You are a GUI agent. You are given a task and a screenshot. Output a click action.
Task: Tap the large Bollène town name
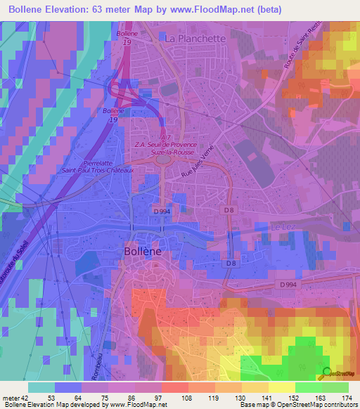(150, 251)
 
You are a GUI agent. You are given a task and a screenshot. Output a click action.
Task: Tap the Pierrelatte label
(82, 161)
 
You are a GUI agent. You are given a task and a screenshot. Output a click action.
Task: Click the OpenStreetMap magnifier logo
(325, 374)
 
